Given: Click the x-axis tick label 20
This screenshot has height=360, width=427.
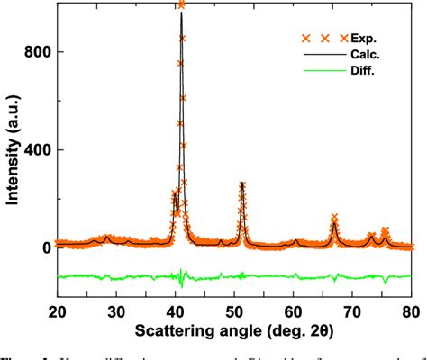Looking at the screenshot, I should [57, 310].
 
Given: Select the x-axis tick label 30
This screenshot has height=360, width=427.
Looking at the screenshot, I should [116, 310].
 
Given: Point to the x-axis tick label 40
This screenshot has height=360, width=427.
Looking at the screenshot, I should [176, 310].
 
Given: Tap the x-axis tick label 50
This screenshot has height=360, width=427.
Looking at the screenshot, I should [234, 310].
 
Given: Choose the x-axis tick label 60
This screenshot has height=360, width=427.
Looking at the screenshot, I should [294, 310].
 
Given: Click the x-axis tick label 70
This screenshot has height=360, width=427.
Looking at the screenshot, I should [352, 310].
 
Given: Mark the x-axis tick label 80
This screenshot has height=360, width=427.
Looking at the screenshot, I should [412, 310].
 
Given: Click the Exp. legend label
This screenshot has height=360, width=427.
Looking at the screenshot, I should [365, 39].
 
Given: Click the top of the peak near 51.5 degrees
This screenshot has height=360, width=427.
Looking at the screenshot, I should [242, 184].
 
